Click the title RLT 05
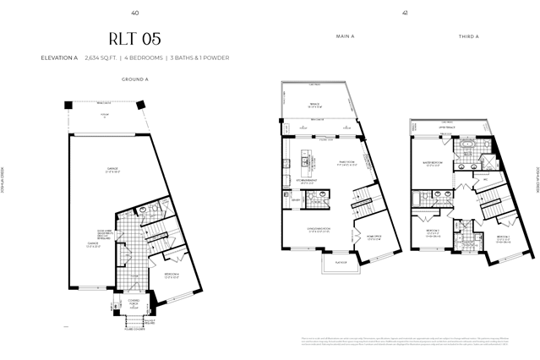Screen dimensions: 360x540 pyautogui.click(x=134, y=39)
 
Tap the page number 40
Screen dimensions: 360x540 pyautogui.click(x=135, y=12)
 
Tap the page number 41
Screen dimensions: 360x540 pyautogui.click(x=405, y=12)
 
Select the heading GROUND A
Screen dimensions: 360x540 pyautogui.click(x=135, y=79)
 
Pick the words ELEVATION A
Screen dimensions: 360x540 pyautogui.click(x=58, y=57)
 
